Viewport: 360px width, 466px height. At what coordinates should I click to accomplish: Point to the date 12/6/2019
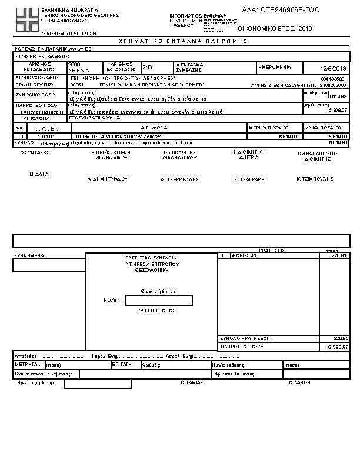[x=335, y=69]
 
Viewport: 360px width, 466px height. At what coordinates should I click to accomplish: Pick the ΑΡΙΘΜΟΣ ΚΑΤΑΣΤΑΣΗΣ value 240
[x=147, y=68]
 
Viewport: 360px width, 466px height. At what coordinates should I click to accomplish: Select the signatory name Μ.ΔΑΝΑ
[x=39, y=175]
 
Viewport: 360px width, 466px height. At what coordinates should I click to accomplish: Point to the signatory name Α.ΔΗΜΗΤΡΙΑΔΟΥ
[x=108, y=178]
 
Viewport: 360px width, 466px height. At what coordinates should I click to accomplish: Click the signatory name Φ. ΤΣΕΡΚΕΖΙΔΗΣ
[x=180, y=178]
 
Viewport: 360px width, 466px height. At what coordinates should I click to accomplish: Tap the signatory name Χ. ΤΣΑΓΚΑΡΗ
[x=249, y=178]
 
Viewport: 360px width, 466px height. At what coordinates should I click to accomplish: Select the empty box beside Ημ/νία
[x=159, y=301]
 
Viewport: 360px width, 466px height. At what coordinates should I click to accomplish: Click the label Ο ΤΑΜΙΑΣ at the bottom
[x=192, y=382]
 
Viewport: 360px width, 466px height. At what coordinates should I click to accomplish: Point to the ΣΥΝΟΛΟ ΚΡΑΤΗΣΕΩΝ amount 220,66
[x=341, y=338]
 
